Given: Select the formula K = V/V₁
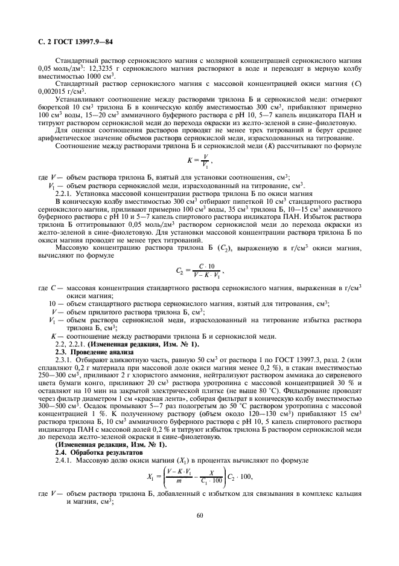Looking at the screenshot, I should pyautogui.click(x=199, y=161).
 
